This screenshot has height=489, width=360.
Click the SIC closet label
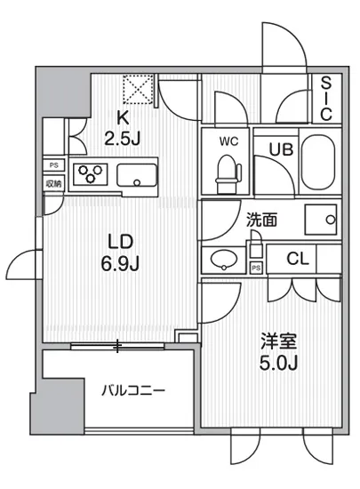[x=326, y=99]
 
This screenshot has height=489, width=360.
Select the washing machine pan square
[x=321, y=218]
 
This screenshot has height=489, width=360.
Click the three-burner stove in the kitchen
[x=90, y=174]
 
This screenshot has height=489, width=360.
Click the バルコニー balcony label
[x=133, y=389]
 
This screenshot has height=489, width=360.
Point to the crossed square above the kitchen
[x=139, y=87]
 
